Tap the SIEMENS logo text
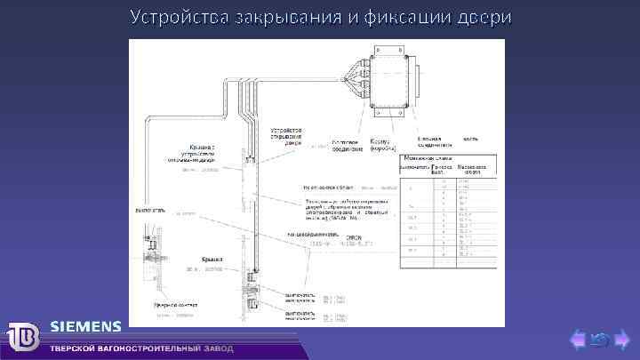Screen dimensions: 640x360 [x=86, y=325]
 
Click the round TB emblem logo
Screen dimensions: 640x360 [x=23, y=336]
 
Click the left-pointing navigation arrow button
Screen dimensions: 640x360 [x=578, y=339]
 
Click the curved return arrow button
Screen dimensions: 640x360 [x=600, y=339]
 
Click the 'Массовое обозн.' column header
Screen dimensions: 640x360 [x=472, y=168]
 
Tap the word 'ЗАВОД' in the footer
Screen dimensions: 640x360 [x=219, y=348]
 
